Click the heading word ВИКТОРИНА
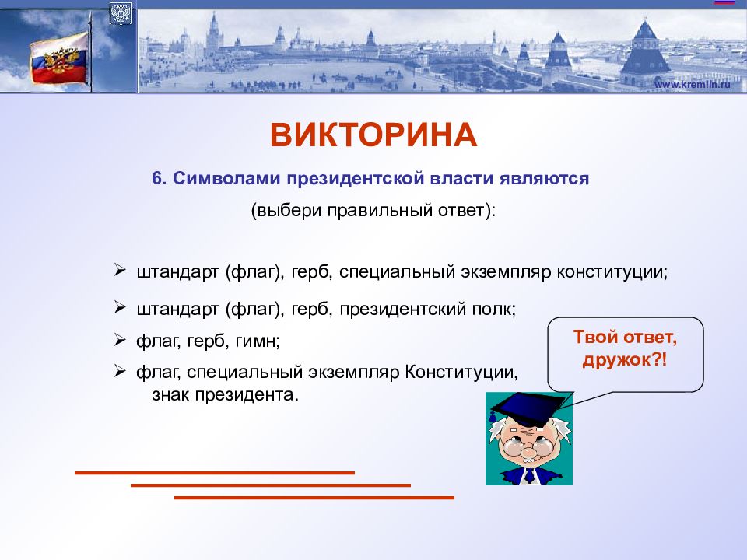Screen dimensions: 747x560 pos(373,135)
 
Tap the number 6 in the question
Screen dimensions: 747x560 pos(157,178)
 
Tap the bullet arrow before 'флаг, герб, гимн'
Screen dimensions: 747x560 pos(120,340)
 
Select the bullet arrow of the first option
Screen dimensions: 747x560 pos(120,270)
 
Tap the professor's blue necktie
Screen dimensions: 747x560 pos(529,476)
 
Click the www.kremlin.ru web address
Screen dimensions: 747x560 pos(692,84)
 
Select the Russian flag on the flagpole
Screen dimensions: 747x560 pos(60,59)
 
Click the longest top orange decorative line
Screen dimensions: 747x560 pos(215,473)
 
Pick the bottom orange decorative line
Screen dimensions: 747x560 pos(314,498)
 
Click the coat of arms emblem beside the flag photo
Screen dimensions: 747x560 pos(121,13)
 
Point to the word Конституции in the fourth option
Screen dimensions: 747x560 pos(461,372)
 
